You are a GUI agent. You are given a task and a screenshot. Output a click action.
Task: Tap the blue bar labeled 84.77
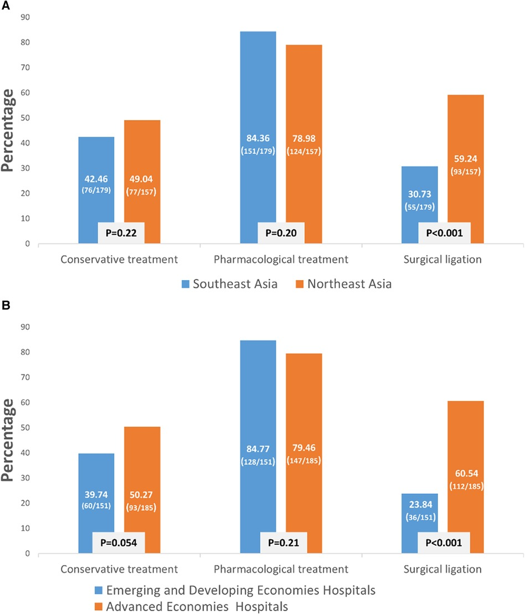pos(258,399)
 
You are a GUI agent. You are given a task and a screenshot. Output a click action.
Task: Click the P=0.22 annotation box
pos(122,233)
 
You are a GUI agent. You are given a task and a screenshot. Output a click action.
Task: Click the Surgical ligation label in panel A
pos(443,259)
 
